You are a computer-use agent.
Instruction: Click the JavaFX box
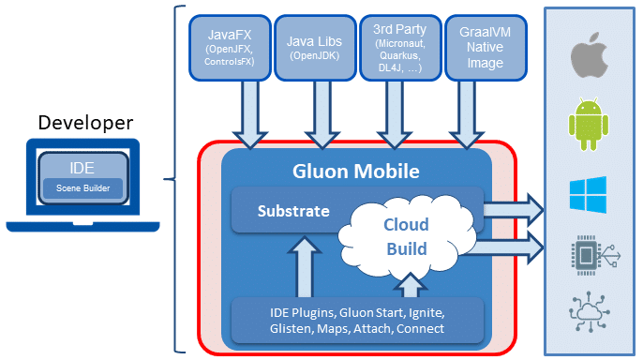click(230, 48)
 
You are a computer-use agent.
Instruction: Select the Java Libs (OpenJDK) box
click(315, 48)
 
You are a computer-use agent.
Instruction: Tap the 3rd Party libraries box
click(400, 48)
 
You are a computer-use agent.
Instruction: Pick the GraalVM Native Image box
click(486, 48)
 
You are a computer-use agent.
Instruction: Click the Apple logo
click(589, 55)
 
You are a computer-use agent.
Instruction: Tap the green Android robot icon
click(589, 124)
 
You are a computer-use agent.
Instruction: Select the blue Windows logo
click(588, 195)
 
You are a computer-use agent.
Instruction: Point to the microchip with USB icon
click(595, 255)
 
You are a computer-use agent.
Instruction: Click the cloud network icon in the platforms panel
click(590, 311)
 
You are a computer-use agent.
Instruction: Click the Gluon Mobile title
click(356, 172)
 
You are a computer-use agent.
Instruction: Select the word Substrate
click(293, 211)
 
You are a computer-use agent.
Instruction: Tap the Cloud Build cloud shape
click(407, 236)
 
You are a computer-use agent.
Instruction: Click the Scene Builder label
click(82, 188)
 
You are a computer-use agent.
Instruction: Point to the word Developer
click(85, 123)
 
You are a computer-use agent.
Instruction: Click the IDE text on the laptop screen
click(82, 168)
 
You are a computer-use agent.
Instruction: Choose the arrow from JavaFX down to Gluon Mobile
click(250, 114)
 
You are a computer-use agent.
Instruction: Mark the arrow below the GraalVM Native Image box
click(467, 114)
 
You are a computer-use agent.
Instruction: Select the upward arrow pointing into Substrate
click(305, 267)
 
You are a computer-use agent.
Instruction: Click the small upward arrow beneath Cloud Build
click(411, 285)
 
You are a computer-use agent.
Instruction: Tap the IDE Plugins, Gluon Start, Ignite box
click(357, 321)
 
